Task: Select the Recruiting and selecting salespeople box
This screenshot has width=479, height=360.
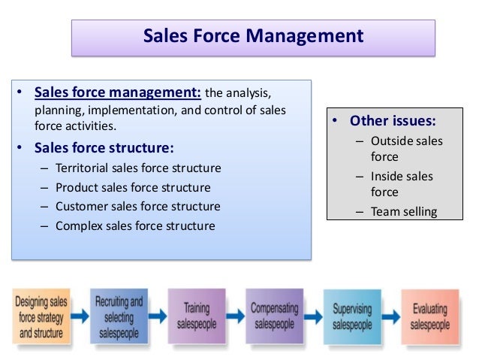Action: [x=119, y=316]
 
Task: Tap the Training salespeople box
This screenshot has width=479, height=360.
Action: [x=197, y=316]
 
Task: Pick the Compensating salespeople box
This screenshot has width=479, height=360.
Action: [x=273, y=316]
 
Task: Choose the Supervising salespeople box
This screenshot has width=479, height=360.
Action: [x=352, y=316]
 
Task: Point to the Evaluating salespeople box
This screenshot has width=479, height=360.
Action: [x=429, y=316]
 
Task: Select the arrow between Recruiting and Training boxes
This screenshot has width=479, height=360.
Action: [x=158, y=316]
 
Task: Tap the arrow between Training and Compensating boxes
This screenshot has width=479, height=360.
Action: [x=235, y=316]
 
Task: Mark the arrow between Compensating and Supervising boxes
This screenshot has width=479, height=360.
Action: [x=312, y=316]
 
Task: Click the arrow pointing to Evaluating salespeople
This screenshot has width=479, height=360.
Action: [x=390, y=316]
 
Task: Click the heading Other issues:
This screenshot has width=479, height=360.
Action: [x=393, y=121]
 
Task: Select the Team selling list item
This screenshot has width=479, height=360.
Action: [x=404, y=210]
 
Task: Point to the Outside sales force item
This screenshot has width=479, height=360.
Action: [x=406, y=149]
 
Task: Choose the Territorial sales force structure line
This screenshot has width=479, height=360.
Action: [x=138, y=168]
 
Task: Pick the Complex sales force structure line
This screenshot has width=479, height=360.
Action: [x=135, y=225]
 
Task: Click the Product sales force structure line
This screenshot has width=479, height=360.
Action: [x=133, y=187]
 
